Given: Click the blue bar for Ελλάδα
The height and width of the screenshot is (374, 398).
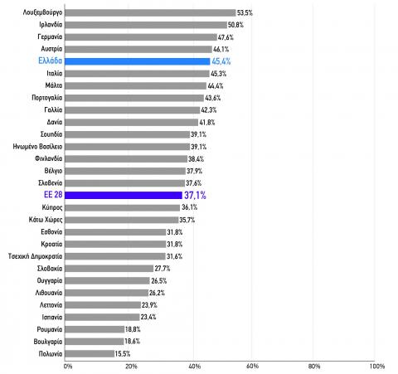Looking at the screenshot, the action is point(138,61).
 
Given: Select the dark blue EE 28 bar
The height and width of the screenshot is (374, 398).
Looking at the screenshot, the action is point(124,195).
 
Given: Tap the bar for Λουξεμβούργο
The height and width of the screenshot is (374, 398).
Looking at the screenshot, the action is point(150,12).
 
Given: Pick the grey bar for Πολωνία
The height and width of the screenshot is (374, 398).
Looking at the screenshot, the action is point(90,353).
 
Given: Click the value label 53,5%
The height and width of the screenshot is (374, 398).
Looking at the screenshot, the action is point(245,12).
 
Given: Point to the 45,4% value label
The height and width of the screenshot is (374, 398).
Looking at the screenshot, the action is point(221,61).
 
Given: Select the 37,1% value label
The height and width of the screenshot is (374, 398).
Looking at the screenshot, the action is point(195,195).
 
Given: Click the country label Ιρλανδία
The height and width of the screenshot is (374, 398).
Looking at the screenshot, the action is point(51,25).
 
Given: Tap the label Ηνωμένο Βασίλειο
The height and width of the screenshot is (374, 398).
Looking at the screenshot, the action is point(37,147).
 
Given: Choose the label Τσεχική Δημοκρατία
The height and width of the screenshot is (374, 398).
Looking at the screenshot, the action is point(35,256).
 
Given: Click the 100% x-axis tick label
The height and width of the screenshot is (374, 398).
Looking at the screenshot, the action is point(377,367).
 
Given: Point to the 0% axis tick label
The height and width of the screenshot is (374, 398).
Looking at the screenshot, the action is point(68,367).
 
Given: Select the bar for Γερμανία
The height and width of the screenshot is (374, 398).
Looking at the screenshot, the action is point(141,37).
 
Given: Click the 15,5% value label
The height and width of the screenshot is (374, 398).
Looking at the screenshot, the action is point(123,353).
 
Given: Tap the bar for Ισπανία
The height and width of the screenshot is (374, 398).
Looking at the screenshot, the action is point(102,317).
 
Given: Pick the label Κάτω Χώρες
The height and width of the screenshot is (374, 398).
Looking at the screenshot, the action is point(46,220).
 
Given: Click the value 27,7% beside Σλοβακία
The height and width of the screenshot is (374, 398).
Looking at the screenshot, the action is point(163,269).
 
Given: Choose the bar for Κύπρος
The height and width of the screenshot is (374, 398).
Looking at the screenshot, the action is point(123,207).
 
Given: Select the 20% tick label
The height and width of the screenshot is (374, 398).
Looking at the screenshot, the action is point(131,367).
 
